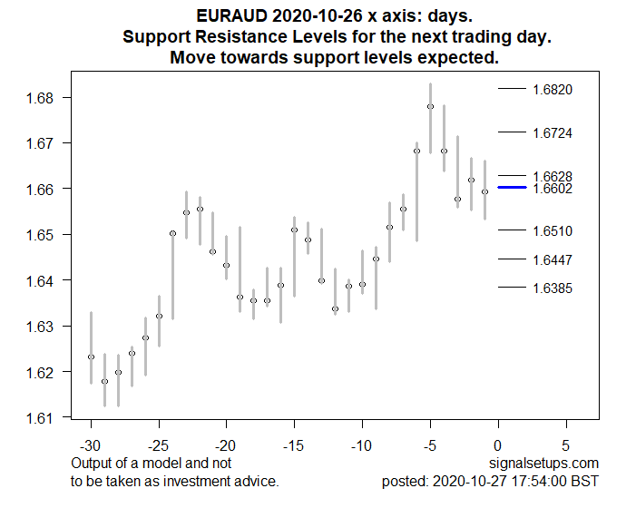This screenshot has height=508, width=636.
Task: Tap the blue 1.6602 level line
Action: click(513, 188)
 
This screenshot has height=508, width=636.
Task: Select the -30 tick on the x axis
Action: click(91, 446)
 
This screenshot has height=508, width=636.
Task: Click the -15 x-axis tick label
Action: click(294, 446)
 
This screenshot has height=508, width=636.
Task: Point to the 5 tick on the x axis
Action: click(566, 446)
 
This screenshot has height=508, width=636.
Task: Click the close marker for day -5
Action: click(430, 106)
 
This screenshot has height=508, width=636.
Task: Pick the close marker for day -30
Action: click(91, 357)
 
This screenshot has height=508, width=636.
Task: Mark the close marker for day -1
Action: click(484, 191)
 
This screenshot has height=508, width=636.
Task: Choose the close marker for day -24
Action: click(172, 233)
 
